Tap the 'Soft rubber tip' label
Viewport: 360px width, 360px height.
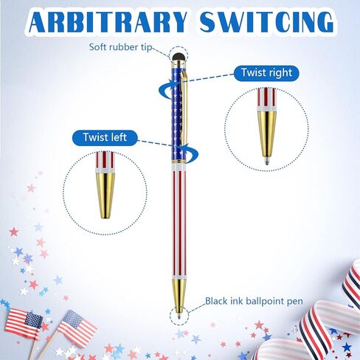coord(120,46)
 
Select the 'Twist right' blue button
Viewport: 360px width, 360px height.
coord(266,73)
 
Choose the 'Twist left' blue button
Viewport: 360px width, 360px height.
coord(105,137)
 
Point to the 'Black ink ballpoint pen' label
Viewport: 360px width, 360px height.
coord(254,301)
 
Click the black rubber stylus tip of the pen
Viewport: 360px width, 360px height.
coord(179,58)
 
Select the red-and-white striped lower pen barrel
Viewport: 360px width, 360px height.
coord(179,219)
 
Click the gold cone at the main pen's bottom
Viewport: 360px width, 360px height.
coord(179,292)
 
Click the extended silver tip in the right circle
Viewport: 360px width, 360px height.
coord(267,160)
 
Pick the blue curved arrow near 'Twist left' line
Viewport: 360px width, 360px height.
coord(190,153)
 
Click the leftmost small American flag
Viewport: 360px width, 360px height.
coord(23,320)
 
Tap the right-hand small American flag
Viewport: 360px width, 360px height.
coord(77,325)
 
